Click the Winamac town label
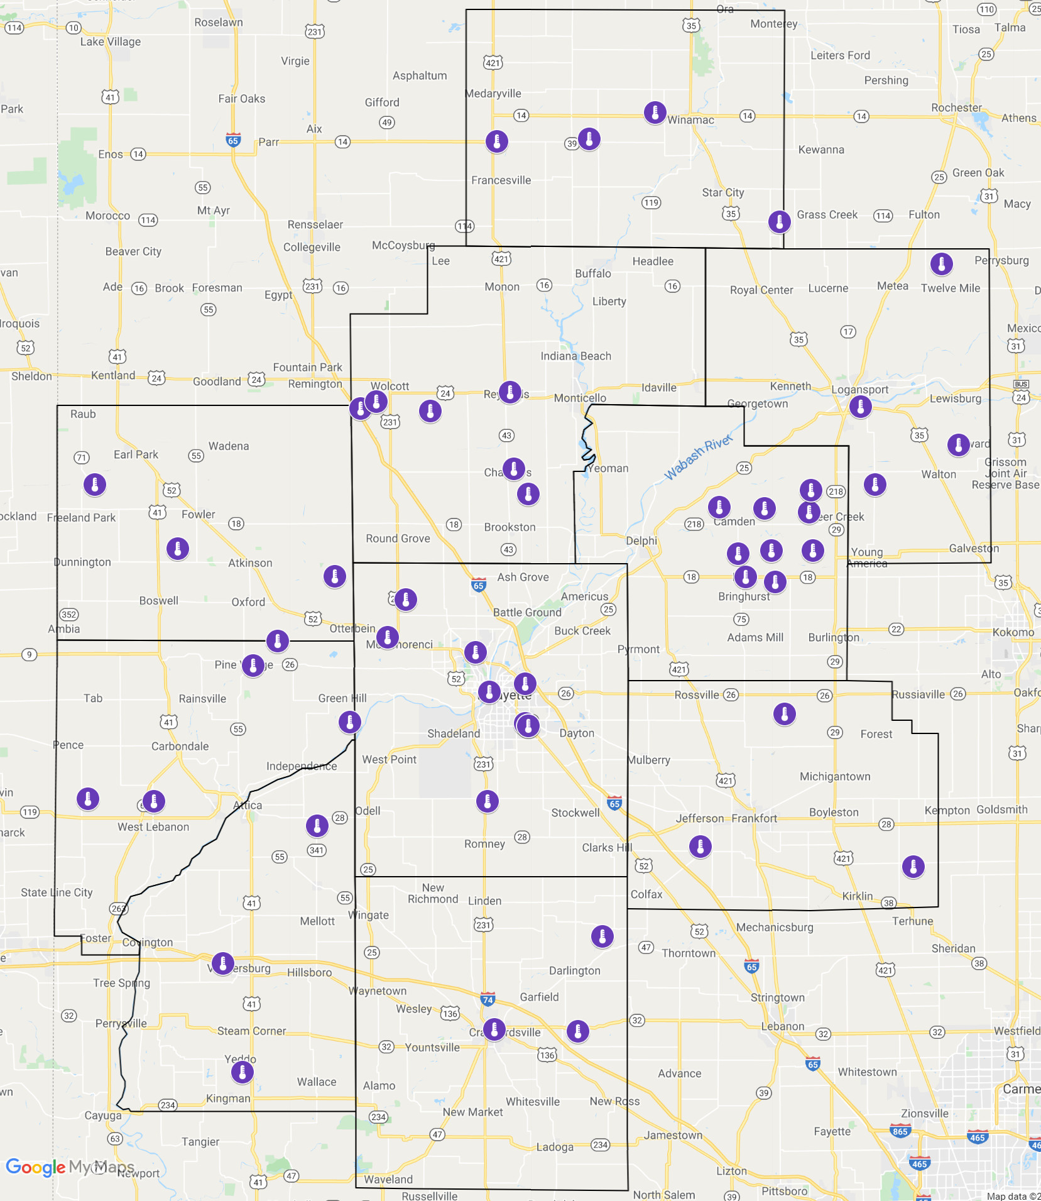coord(690,120)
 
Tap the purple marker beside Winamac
coord(655,113)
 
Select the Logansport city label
coord(859,390)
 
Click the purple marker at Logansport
coord(860,407)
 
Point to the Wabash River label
coord(699,457)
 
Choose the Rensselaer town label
coord(315,224)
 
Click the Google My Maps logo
coord(70,1167)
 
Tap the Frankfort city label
coord(754,818)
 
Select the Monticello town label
coord(580,398)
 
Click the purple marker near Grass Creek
coord(779,221)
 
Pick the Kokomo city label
coord(1013,632)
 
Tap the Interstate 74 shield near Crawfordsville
coord(488,999)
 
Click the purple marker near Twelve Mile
coord(941,264)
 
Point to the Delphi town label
coord(641,540)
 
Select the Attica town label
coord(248,805)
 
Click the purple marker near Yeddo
coord(242,1072)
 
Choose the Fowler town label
coord(198,514)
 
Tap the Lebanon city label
coord(782,1026)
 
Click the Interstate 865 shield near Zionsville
coord(900,1131)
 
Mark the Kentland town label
coord(113,375)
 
